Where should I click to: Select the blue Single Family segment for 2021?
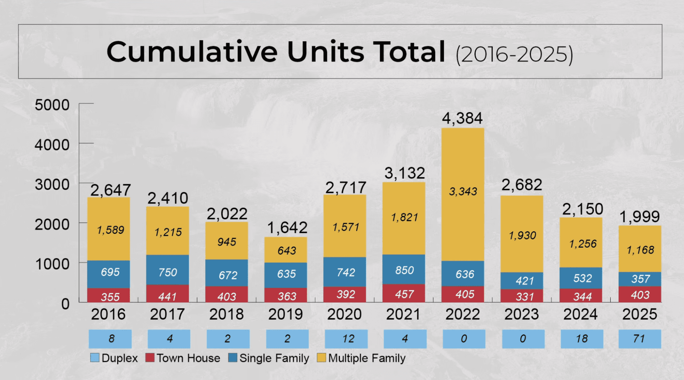click(x=404, y=269)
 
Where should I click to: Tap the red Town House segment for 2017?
click(x=167, y=294)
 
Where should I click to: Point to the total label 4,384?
click(x=462, y=118)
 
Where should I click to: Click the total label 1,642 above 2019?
click(x=287, y=228)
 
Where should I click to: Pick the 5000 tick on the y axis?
click(x=52, y=105)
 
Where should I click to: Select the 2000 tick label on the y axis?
click(x=52, y=225)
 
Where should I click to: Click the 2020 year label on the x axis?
click(x=344, y=314)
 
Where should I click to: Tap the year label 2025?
click(x=639, y=314)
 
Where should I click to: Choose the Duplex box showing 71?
click(x=639, y=339)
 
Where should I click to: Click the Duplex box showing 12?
click(x=346, y=339)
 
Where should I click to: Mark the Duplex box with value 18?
click(x=582, y=339)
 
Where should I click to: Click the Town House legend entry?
click(x=183, y=358)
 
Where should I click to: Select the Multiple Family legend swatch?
click(x=321, y=358)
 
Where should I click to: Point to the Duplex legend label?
click(x=119, y=358)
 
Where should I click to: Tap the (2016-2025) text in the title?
click(x=514, y=54)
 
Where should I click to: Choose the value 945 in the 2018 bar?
click(x=227, y=242)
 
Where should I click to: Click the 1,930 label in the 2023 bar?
click(x=522, y=235)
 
